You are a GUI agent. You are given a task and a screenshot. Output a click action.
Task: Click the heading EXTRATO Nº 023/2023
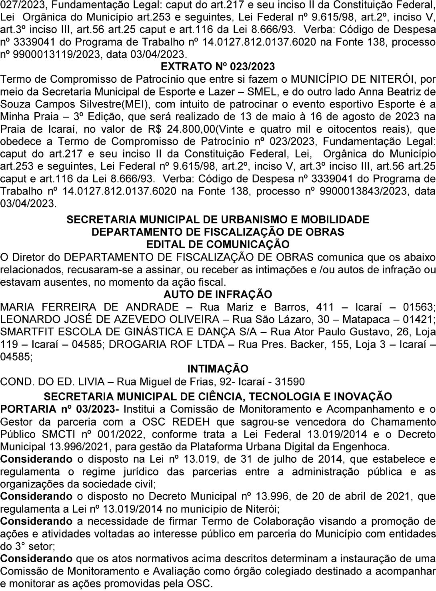click(218, 66)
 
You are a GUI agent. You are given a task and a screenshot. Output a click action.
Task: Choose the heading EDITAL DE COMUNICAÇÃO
click(218, 244)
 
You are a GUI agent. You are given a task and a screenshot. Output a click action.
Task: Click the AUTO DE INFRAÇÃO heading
click(218, 295)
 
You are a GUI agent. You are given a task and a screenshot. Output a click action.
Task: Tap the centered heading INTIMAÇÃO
click(218, 368)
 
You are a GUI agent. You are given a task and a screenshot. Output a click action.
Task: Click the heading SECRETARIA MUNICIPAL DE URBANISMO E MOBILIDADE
click(218, 219)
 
